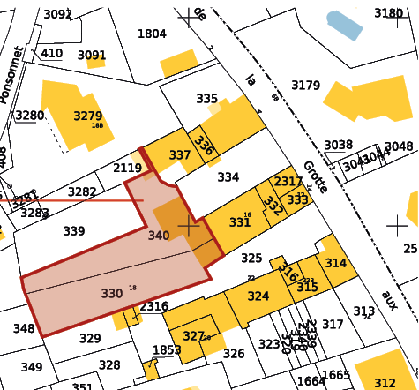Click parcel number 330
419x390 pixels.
click(x=112, y=294)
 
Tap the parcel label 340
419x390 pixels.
click(x=159, y=236)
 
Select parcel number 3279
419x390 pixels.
click(x=87, y=116)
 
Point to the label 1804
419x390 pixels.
click(x=152, y=34)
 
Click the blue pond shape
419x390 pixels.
click(x=344, y=24)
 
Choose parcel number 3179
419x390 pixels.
click(x=305, y=86)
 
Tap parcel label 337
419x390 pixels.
click(x=180, y=155)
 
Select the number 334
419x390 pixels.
click(x=228, y=177)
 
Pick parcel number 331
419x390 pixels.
click(x=240, y=222)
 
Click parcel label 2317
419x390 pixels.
click(x=288, y=182)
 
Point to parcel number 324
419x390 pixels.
click(x=258, y=296)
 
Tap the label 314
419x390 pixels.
click(x=335, y=263)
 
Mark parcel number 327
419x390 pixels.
click(x=193, y=336)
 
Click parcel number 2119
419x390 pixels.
click(x=127, y=169)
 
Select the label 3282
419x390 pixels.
click(x=82, y=192)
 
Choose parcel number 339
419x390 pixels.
click(x=74, y=231)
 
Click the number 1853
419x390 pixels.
click(x=167, y=350)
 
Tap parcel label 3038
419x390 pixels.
click(x=338, y=146)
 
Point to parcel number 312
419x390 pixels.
click(x=385, y=382)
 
